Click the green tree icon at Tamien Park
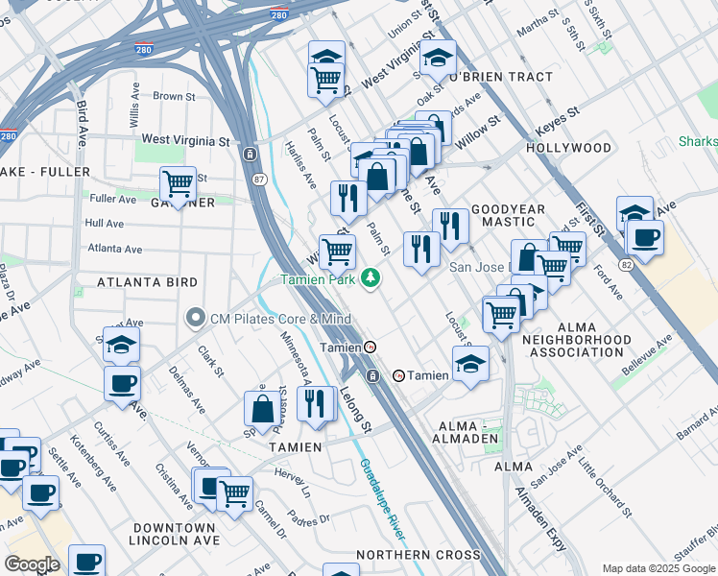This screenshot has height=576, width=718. click(x=369, y=279)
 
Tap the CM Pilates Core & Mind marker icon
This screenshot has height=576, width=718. click(x=196, y=317)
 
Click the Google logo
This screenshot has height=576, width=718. click(x=32, y=564)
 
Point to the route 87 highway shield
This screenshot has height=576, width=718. click(x=260, y=179)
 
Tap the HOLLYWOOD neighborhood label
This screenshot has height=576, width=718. click(x=568, y=148)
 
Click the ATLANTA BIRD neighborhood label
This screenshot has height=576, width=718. click(x=147, y=282)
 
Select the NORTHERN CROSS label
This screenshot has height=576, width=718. click(x=418, y=555)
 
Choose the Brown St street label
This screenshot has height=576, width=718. click(x=173, y=96)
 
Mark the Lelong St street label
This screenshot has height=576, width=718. click(x=355, y=408)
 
